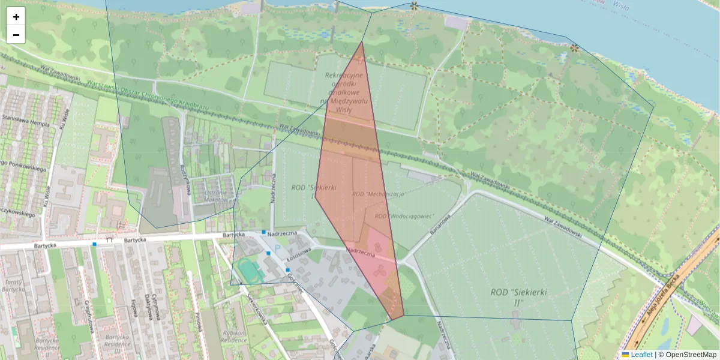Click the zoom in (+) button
(16, 17)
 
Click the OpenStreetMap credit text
(689, 355)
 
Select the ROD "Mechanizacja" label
(378, 194)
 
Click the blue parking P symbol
(277, 247)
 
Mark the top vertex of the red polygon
(361, 41)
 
